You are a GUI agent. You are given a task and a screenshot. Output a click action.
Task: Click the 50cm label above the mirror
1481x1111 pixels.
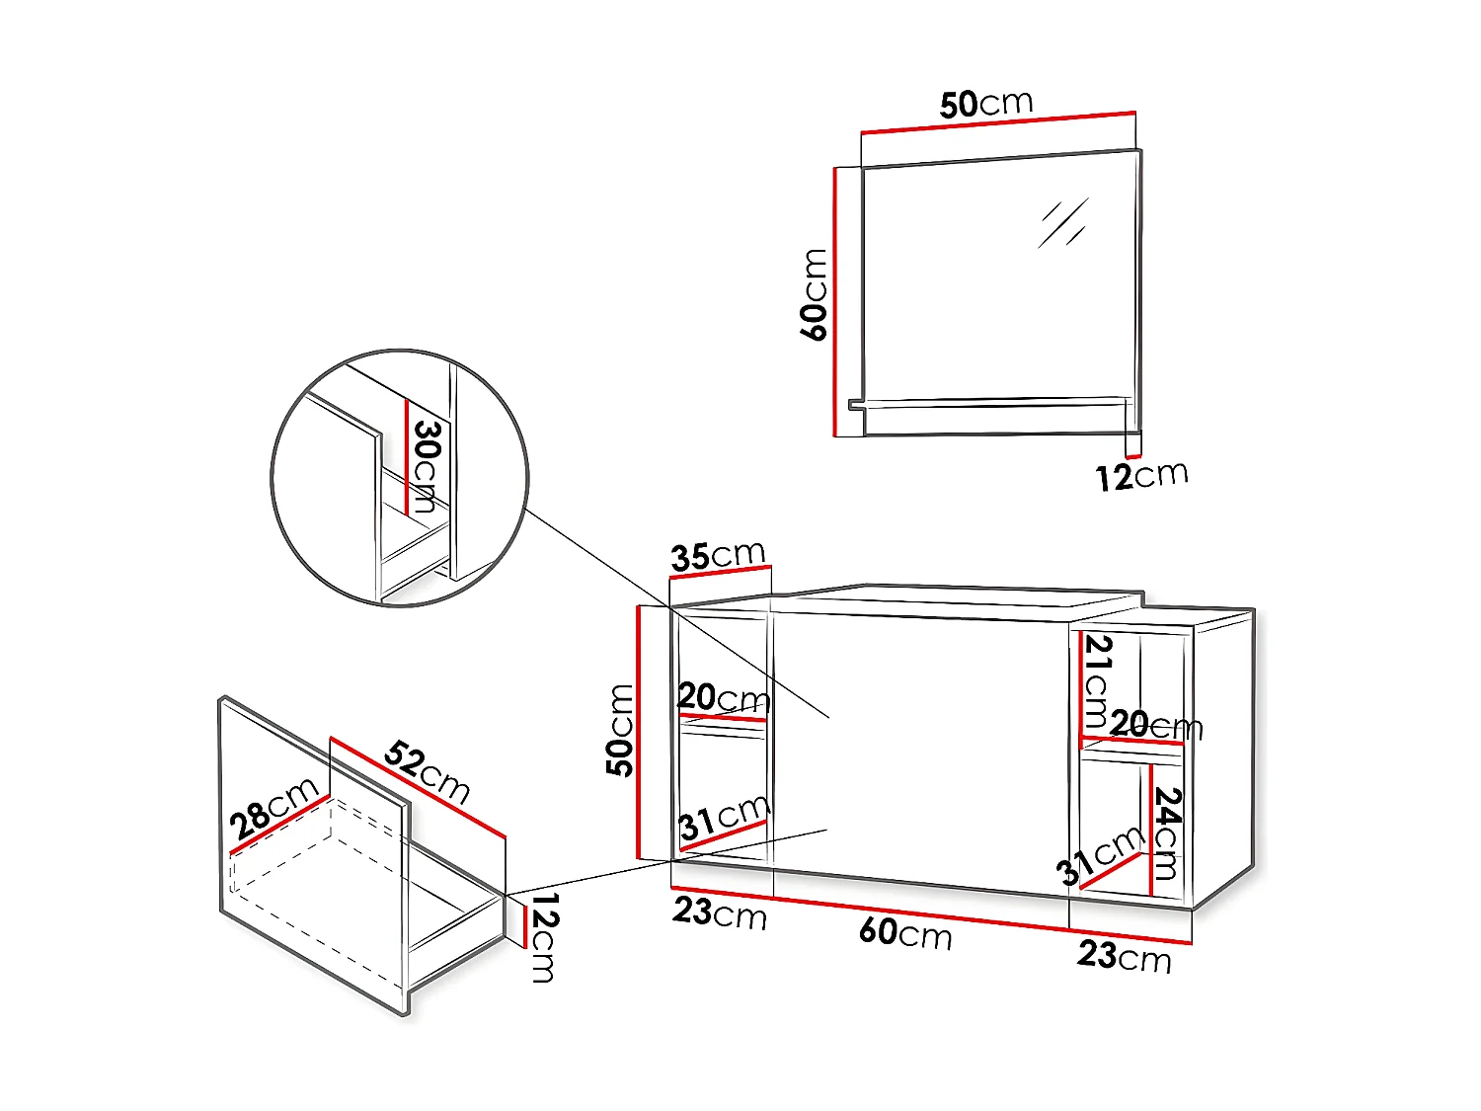985,103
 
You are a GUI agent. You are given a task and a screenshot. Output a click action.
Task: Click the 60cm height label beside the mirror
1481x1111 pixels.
814,295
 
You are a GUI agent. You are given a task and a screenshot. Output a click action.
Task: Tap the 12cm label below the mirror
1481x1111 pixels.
1141,476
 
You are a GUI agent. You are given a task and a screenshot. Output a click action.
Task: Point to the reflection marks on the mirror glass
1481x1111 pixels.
1062,223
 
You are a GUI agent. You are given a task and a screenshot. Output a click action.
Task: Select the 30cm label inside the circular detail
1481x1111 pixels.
426,465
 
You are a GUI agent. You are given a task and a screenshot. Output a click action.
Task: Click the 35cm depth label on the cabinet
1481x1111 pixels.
718,555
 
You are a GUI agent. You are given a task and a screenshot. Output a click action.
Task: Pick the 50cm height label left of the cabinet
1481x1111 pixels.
620,730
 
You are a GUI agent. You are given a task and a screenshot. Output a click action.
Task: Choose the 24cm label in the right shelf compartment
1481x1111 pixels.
1167,832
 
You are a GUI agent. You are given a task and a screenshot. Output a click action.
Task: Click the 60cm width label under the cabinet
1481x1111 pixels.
905,932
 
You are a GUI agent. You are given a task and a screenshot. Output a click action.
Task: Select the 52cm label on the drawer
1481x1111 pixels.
427,770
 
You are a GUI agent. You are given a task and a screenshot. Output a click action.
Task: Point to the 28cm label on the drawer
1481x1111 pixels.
273,808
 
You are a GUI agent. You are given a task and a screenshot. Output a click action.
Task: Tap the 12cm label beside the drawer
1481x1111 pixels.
543,937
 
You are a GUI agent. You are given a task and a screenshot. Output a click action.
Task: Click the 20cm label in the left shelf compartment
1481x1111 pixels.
724,698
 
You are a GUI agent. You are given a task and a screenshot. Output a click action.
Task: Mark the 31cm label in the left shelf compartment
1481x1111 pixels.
724,818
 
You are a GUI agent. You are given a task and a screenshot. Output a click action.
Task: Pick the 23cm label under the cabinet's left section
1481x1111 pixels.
720,913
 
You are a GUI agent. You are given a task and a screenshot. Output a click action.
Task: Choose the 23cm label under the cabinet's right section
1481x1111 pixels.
1124,956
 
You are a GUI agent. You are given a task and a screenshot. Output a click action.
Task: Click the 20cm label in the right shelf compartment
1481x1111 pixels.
1155,725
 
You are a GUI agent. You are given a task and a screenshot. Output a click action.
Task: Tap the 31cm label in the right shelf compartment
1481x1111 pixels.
1100,855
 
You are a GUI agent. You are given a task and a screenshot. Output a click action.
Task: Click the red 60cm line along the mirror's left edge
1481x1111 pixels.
835,301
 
